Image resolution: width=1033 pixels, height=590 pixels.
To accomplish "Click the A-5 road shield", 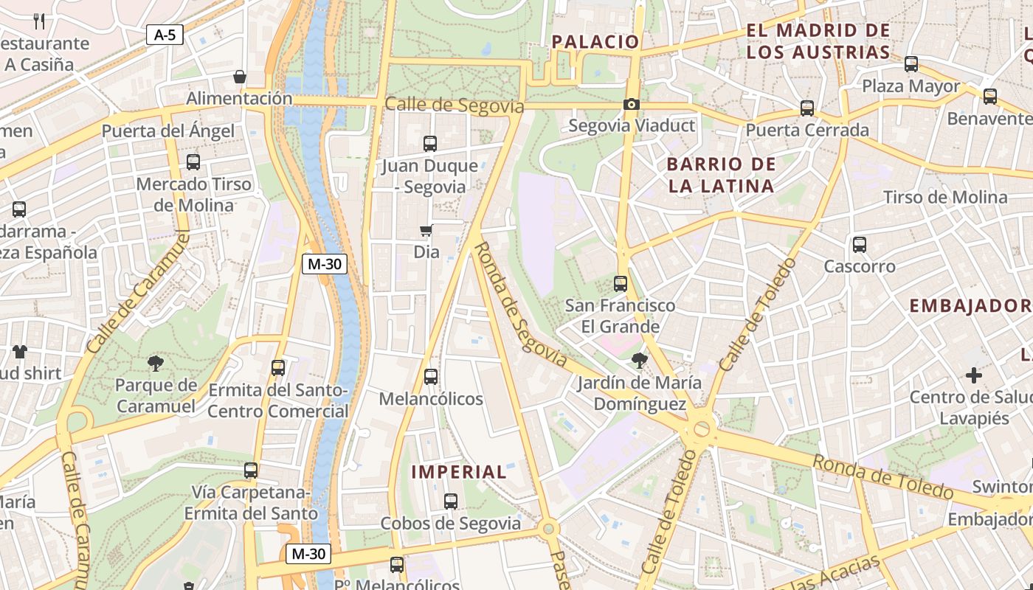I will (164, 34).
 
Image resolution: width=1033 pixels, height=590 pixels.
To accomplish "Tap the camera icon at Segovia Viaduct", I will (631, 105).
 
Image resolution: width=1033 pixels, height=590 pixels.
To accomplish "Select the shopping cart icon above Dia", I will (426, 232).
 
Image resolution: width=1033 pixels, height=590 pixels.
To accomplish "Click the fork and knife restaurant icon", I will (40, 21).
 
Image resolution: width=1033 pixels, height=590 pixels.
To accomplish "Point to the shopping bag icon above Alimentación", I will (239, 77).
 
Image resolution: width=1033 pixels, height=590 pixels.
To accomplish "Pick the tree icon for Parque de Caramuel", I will (155, 363).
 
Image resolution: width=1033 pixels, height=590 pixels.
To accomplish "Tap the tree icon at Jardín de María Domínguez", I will (639, 361).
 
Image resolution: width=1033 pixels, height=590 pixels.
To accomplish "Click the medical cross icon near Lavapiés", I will (974, 375).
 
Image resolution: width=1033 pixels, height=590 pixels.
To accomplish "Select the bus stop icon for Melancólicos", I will (431, 377).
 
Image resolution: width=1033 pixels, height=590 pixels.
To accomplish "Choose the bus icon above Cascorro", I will (859, 244).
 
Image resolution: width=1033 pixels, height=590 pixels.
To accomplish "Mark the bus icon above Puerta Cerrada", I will (807, 108).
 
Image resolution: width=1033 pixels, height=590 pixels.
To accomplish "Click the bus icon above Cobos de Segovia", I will (450, 502).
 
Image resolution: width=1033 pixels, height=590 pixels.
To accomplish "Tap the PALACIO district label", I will (595, 42).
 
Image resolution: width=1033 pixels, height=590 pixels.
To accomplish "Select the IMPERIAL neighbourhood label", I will (459, 472).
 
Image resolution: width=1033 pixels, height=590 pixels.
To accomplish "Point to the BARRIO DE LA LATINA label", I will (721, 175).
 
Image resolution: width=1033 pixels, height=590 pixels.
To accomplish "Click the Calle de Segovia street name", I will (454, 105).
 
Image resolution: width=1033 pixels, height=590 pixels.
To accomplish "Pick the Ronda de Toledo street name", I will (882, 477).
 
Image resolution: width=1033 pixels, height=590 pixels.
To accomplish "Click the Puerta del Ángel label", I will (167, 131).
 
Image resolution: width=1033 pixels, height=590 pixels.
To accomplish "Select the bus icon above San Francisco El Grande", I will (620, 283).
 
